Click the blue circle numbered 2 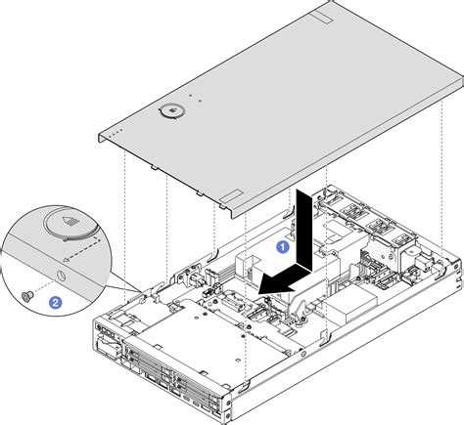55,302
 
